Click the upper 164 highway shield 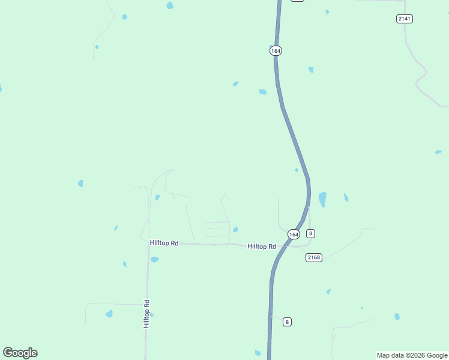pyautogui.click(x=276, y=51)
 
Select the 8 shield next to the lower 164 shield pyautogui.click(x=310, y=233)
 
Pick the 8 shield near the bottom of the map pyautogui.click(x=288, y=322)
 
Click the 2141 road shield pyautogui.click(x=404, y=19)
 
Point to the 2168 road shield pyautogui.click(x=314, y=257)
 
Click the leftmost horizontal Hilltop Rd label pyautogui.click(x=164, y=242)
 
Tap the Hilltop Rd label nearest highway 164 pyautogui.click(x=262, y=246)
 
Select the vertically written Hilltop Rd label pyautogui.click(x=146, y=313)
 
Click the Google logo pyautogui.click(x=20, y=353)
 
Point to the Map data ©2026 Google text pyautogui.click(x=412, y=355)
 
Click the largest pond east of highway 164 pyautogui.click(x=322, y=199)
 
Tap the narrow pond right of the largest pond pyautogui.click(x=346, y=197)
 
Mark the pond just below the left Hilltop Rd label pyautogui.click(x=154, y=260)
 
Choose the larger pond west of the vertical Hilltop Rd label pyautogui.click(x=109, y=313)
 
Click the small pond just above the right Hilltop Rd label pyautogui.click(x=235, y=229)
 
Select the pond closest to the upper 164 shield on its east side pyautogui.click(x=311, y=70)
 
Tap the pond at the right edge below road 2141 pyautogui.click(x=438, y=152)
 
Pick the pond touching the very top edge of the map pyautogui.click(x=170, y=5)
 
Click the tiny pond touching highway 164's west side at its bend pyautogui.click(x=297, y=170)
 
